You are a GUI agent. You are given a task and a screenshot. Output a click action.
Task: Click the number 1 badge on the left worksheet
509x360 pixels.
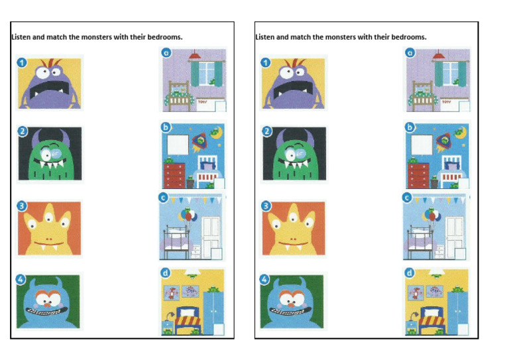point(23,63)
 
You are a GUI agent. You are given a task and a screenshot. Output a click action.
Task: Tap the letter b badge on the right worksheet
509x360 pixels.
point(410,127)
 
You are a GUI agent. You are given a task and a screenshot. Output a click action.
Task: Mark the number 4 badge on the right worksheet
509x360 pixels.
point(266,279)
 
